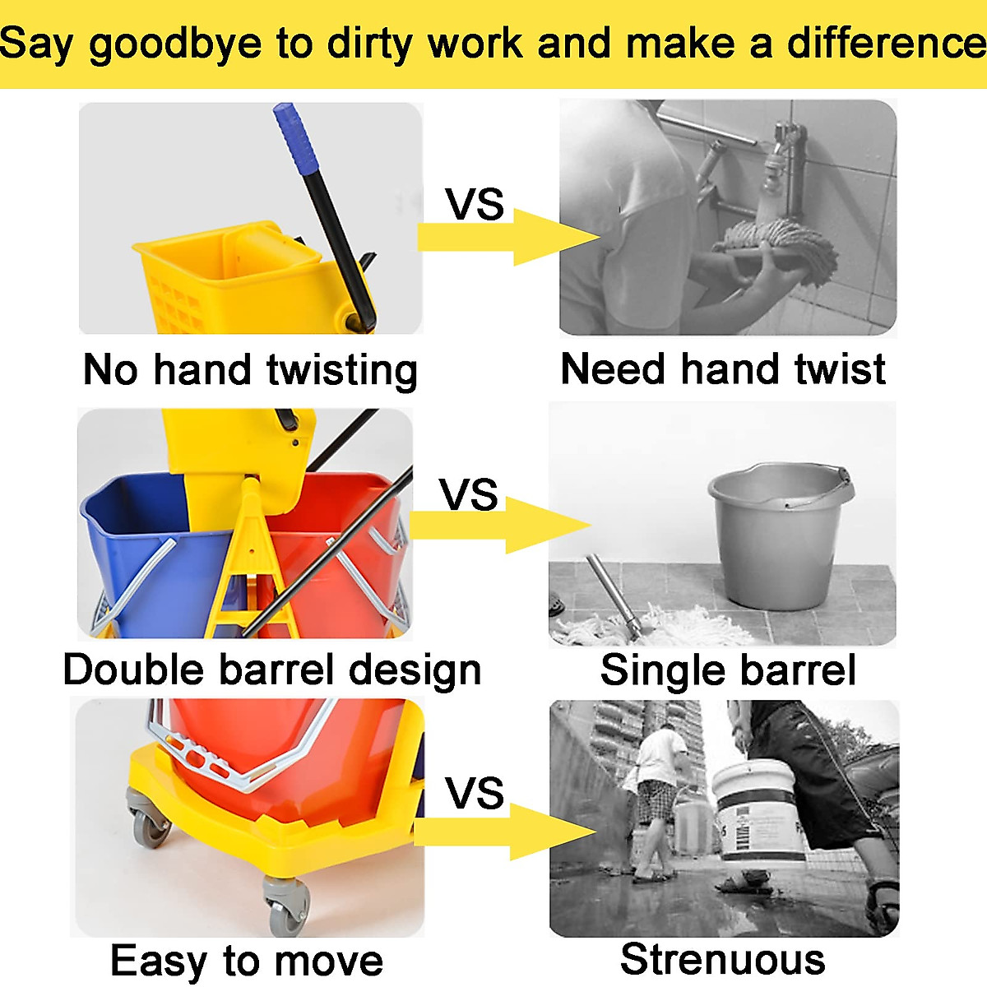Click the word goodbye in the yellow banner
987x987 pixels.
pyautogui.click(x=175, y=45)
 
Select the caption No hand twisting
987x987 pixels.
pyautogui.click(x=250, y=371)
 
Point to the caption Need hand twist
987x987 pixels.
pyautogui.click(x=723, y=369)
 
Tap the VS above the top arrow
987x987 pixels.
pyautogui.click(x=475, y=204)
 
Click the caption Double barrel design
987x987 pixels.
pyautogui.click(x=272, y=672)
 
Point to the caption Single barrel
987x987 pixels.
pyautogui.click(x=728, y=670)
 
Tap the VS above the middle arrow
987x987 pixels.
pyautogui.click(x=468, y=494)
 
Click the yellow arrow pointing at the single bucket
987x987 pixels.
pyautogui.click(x=500, y=525)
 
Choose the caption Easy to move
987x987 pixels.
pyautogui.click(x=247, y=962)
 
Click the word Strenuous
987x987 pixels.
pyautogui.click(x=723, y=959)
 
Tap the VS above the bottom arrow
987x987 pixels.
pyautogui.click(x=474, y=792)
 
